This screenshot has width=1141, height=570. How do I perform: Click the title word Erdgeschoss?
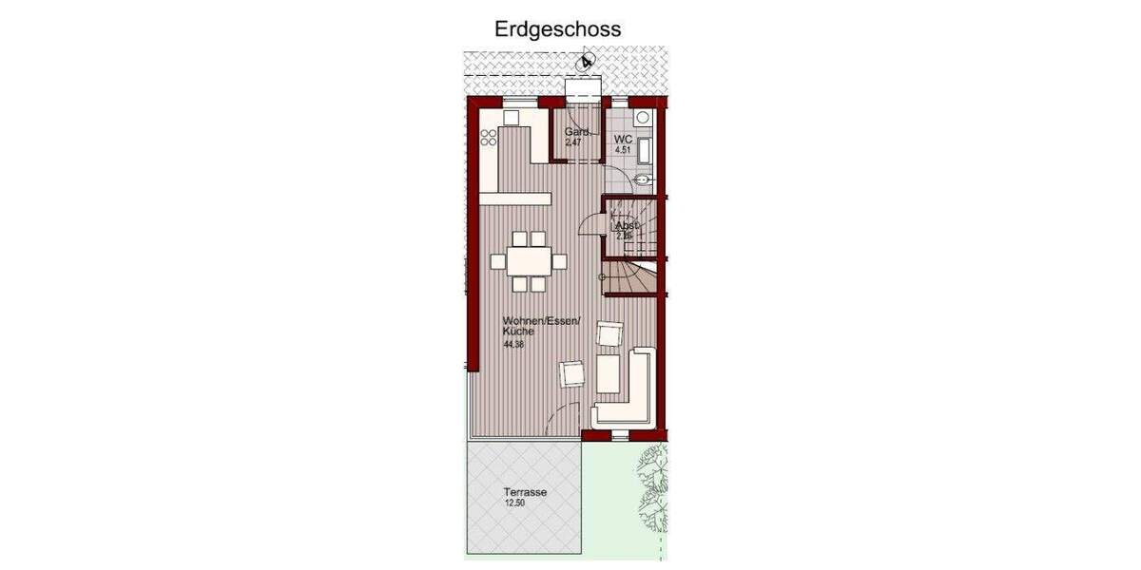pos(557,29)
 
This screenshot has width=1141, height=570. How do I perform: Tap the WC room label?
pos(623,140)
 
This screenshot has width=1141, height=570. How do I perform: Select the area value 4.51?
pos(623,150)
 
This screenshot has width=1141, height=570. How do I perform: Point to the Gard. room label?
pos(578,132)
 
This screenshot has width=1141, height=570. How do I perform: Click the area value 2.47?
pos(572,142)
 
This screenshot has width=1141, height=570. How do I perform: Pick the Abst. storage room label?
pos(627,226)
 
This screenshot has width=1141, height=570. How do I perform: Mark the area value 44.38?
pos(514,345)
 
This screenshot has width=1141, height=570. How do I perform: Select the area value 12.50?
pos(515,503)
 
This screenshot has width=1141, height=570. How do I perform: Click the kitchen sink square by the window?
pos(511,117)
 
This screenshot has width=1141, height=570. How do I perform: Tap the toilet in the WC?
pos(643,118)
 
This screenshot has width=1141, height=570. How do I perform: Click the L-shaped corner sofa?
pos(628,394)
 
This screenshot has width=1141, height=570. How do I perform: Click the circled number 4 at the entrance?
pos(587,62)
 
